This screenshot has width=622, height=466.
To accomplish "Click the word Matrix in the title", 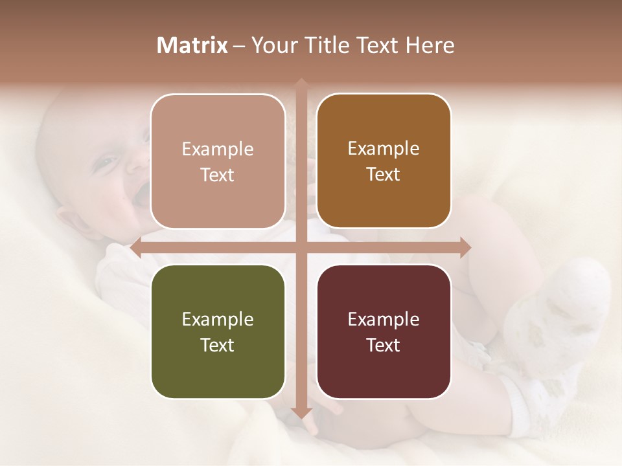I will (x=192, y=45).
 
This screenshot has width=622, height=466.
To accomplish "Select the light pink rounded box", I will (x=218, y=161).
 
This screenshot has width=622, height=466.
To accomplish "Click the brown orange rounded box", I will (x=384, y=161).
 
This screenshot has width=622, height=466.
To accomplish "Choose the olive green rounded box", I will (x=218, y=331).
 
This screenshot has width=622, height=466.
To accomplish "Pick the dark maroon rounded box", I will (x=384, y=331).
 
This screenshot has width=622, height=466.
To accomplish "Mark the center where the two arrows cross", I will (x=301, y=247).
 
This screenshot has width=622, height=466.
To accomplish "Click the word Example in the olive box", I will (x=218, y=319).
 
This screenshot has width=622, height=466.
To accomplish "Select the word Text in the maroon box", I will (x=384, y=345).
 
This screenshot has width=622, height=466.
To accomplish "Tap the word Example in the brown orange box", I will (x=384, y=149).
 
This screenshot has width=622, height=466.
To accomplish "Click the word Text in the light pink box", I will (x=218, y=175).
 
